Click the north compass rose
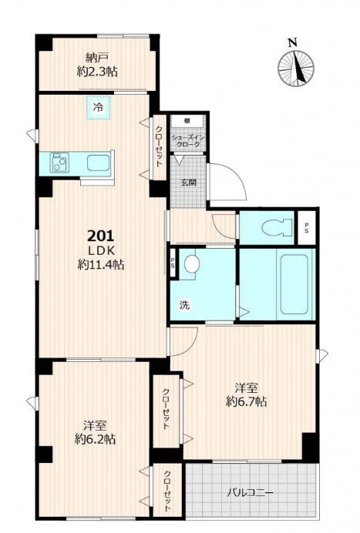296,69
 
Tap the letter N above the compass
293,42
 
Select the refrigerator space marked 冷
98,108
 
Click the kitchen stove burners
59,163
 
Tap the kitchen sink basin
99,163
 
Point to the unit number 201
100,236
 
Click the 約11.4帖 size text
101,264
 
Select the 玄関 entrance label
189,183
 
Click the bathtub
294,284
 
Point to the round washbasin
192,263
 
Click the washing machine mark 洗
185,305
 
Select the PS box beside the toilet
307,227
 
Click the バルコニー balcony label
250,492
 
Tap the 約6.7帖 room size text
247,402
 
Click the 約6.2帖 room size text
95,439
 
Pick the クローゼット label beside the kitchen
159,146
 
